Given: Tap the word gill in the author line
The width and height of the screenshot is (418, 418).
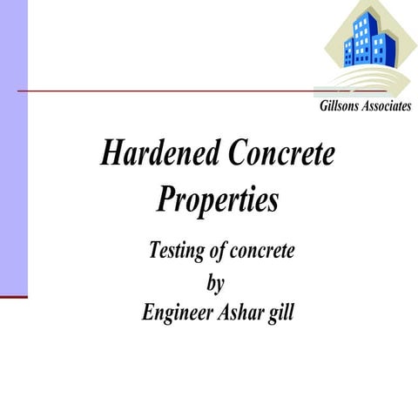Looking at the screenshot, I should pos(282,312).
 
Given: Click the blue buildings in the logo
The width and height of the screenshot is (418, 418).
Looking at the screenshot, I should pos(370,39).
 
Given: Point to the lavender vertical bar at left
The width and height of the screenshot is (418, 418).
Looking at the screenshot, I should pos(14,148).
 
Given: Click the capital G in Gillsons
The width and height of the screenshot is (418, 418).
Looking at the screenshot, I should pos(312,106).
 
